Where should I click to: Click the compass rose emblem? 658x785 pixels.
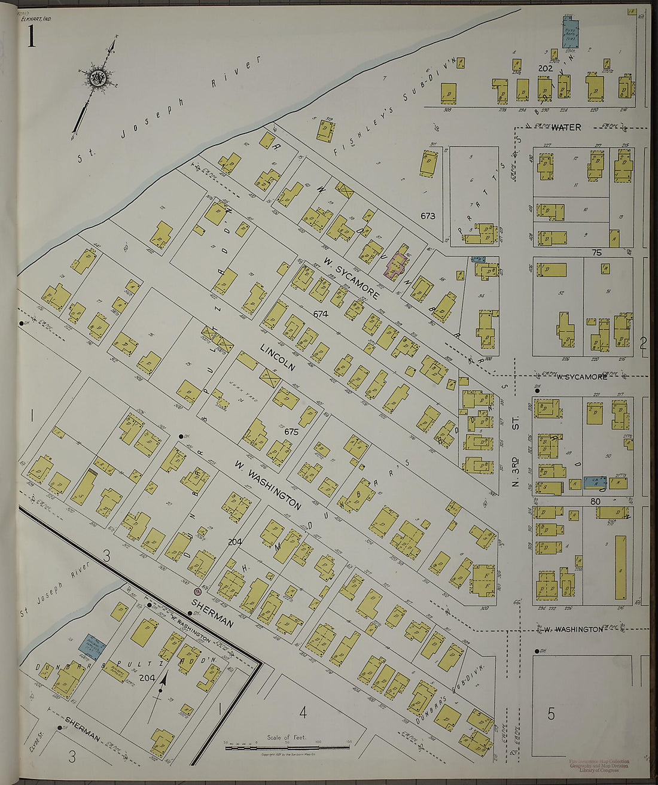click(97, 78)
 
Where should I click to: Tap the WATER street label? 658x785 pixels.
click(566, 127)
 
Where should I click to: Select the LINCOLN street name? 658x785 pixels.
click(277, 357)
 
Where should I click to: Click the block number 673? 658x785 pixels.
click(428, 216)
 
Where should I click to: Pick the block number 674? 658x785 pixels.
click(321, 313)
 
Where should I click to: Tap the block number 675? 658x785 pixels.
click(291, 431)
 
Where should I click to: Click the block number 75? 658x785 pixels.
click(596, 253)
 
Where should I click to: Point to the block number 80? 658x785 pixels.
click(595, 501)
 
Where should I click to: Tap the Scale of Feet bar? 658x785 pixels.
click(287, 747)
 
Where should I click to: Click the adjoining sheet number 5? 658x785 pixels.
click(551, 713)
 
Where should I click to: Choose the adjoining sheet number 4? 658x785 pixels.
click(303, 712)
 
